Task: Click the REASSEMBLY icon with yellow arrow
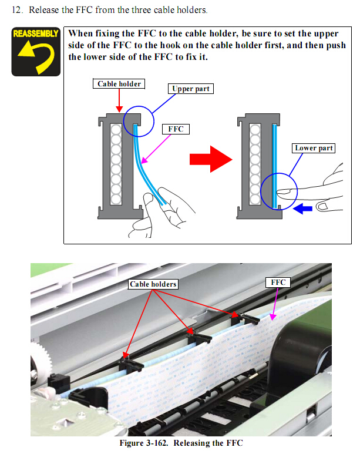[36, 52]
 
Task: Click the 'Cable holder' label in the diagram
[119, 83]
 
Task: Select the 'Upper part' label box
[191, 89]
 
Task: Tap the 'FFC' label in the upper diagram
[176, 129]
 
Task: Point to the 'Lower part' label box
[314, 148]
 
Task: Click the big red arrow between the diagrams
[211, 159]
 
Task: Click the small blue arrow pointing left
[302, 208]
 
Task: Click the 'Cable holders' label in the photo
[153, 284]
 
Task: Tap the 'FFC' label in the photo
[278, 283]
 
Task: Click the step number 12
[17, 10]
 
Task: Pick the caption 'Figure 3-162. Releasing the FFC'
[181, 443]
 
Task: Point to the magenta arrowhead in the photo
[272, 317]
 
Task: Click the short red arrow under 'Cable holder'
[119, 100]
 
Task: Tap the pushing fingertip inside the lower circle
[282, 191]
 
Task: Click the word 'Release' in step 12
[43, 10]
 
